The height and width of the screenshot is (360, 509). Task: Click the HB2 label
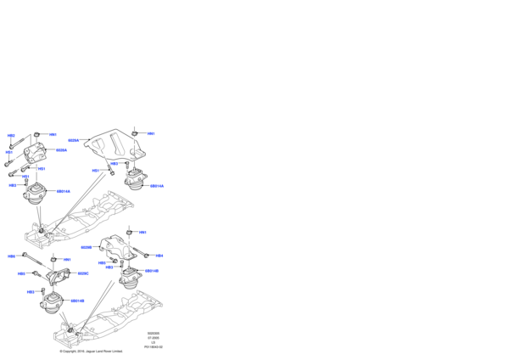tap(11, 136)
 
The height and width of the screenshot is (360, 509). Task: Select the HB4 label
tap(159, 256)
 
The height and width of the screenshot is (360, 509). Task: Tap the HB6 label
tap(12, 256)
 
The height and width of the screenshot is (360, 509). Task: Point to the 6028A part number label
tap(61, 150)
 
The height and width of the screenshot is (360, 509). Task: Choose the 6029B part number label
tap(86, 248)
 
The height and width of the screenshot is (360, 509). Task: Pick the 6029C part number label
tap(83, 273)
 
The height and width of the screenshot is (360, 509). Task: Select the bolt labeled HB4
tap(145, 254)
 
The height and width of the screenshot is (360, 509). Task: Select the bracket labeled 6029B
tap(115, 250)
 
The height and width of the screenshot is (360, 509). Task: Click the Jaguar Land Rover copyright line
tap(91, 351)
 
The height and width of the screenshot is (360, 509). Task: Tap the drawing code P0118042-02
tap(153, 346)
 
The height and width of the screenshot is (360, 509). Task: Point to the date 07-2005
tap(153, 337)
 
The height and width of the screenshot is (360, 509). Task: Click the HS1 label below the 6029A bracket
tap(96, 171)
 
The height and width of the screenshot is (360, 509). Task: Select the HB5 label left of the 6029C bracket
tap(20, 273)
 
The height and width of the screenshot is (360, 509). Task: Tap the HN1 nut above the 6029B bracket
tap(127, 231)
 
